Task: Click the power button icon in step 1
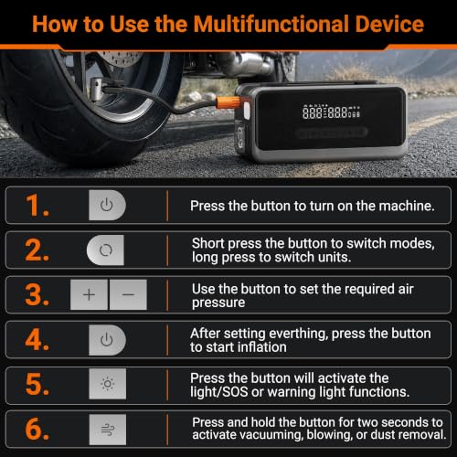coord(107,205)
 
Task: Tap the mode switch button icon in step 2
coord(105,250)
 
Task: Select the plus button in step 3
coord(89,294)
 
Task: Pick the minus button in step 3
coord(128,294)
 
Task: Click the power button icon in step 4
coord(107,340)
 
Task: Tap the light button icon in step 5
coord(108,384)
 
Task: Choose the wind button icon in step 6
coord(108,430)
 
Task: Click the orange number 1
coord(37,205)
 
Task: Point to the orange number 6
coord(37,429)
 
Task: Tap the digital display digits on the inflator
coord(331,112)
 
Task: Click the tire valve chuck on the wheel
coord(97,89)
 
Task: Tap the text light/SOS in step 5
coord(219,392)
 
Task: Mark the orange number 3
coord(37,294)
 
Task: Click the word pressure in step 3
coord(218,303)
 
